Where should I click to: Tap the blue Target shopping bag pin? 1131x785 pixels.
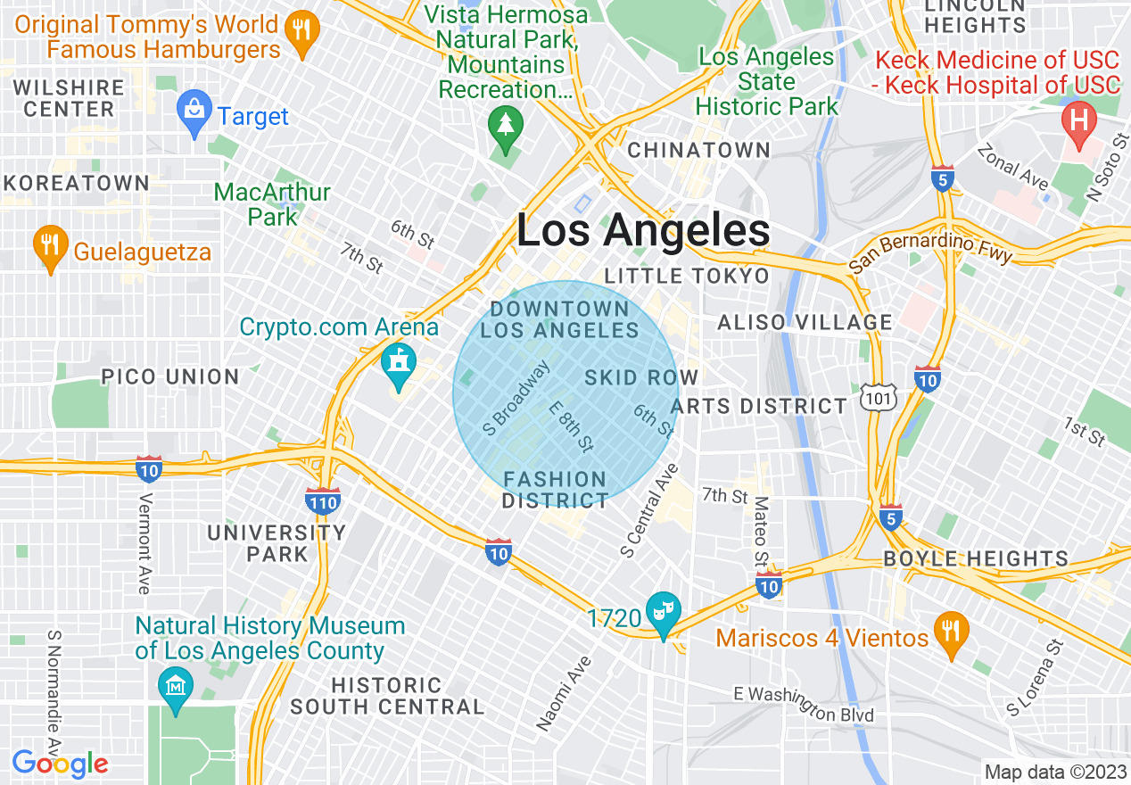(x=194, y=113)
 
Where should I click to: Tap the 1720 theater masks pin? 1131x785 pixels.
(x=663, y=614)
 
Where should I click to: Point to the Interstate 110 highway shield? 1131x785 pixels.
(x=322, y=500)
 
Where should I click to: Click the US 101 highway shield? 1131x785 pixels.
(x=879, y=398)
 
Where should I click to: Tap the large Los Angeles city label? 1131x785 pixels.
(x=643, y=231)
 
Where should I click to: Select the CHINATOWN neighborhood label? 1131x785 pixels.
(x=698, y=150)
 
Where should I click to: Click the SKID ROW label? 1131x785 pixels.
(x=640, y=377)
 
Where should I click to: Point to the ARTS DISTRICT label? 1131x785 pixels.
(x=759, y=407)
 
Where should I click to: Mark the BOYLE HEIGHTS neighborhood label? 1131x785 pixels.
(x=975, y=559)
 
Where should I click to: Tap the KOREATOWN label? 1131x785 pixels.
(x=76, y=183)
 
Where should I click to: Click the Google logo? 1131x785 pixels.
(x=60, y=764)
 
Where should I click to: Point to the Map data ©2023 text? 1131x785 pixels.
(x=1054, y=772)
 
